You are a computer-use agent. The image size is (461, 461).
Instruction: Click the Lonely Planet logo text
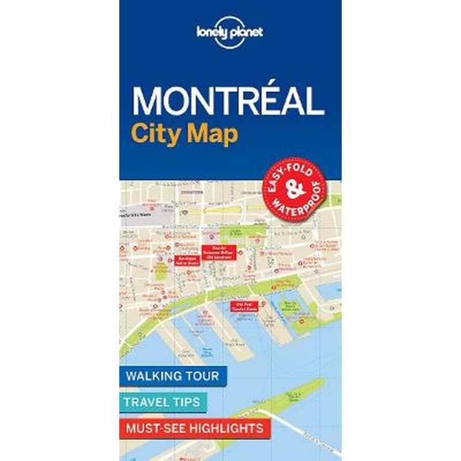230,32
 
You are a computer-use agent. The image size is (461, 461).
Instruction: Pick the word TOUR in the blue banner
202,376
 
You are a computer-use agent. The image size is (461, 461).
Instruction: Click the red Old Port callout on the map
244,306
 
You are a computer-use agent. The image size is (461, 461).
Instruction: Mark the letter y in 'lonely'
228,33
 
